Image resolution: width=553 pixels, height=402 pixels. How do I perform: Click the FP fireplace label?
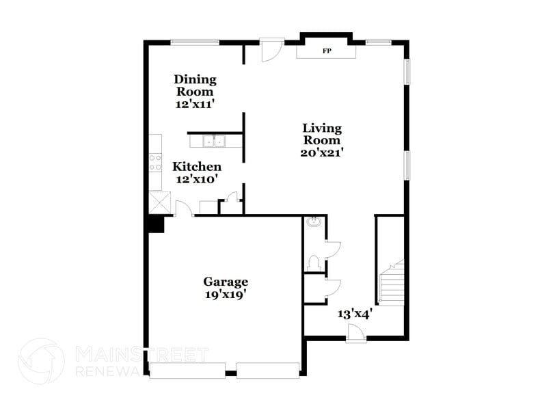pyautogui.click(x=326, y=51)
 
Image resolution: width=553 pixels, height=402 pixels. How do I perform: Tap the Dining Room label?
pyautogui.click(x=195, y=85)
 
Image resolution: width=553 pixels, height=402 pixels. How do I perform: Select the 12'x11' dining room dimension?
pyautogui.click(x=195, y=105)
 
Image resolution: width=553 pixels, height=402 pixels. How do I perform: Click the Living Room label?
pyautogui.click(x=322, y=134)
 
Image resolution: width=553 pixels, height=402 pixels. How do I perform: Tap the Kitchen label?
pyautogui.click(x=197, y=167)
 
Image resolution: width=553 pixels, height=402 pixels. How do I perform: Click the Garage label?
pyautogui.click(x=226, y=282)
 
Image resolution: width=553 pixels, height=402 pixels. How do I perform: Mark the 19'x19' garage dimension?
pyautogui.click(x=225, y=295)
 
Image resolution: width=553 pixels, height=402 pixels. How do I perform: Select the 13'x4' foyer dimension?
pyautogui.click(x=354, y=314)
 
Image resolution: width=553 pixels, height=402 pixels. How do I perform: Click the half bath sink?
pyautogui.click(x=313, y=222)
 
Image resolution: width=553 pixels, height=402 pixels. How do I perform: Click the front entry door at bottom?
pyautogui.click(x=356, y=333)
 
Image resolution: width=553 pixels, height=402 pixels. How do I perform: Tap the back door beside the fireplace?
pyautogui.click(x=271, y=49)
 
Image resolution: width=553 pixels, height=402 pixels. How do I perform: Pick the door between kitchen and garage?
pyautogui.click(x=184, y=209)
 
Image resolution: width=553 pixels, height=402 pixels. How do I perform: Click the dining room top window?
pyautogui.click(x=195, y=42)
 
